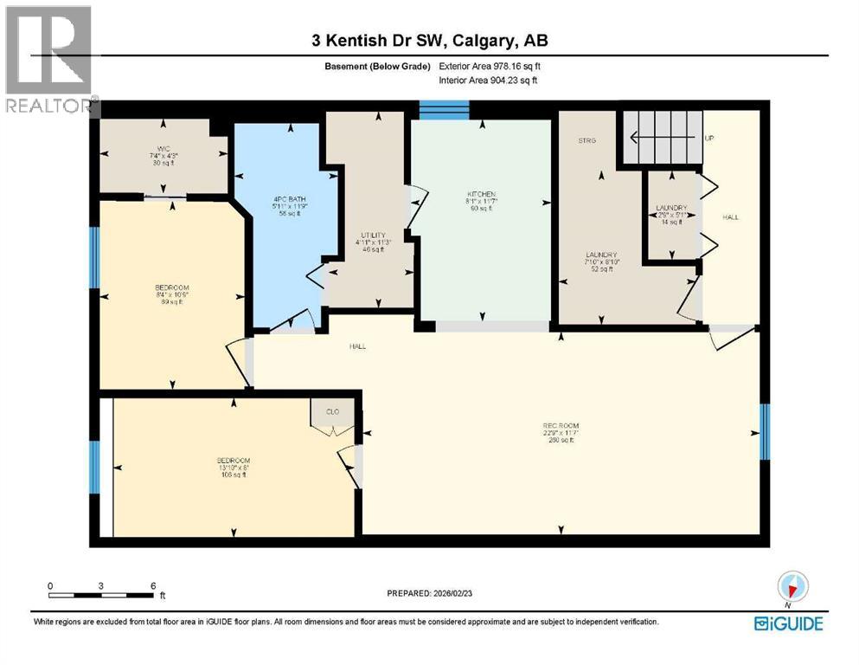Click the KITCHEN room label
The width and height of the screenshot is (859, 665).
click(x=479, y=194)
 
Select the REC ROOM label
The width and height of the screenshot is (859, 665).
click(x=560, y=426)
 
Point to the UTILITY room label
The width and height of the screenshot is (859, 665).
click(x=373, y=235)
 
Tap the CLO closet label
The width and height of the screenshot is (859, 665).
click(x=332, y=412)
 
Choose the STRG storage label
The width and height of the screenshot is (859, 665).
click(x=587, y=140)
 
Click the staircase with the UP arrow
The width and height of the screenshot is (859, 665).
click(x=661, y=137)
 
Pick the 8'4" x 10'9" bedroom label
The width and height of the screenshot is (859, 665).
click(x=172, y=288)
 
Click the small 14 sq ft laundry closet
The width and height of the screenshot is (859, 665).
click(x=671, y=215)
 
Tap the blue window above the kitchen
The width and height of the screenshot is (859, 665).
click(x=444, y=109)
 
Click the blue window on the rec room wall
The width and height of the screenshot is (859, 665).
click(x=763, y=431)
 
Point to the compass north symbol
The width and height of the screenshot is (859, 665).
click(x=793, y=586)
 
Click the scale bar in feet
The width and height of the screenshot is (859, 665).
click(x=102, y=594)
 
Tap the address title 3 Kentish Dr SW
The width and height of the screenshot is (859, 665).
click(x=429, y=41)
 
